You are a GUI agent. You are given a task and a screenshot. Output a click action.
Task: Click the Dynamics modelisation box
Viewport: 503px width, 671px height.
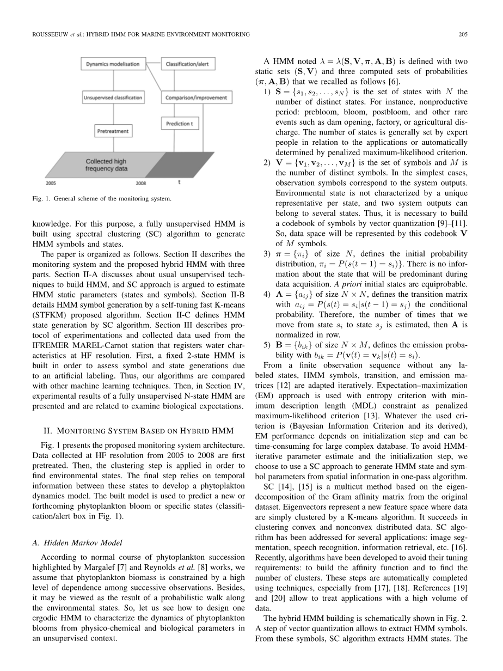tap(113, 64)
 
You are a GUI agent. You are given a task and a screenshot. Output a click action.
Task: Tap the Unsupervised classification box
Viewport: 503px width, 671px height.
tap(113, 98)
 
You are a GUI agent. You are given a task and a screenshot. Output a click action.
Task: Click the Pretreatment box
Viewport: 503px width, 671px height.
tap(113, 131)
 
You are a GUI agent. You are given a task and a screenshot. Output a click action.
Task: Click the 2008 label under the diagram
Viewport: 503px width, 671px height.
tap(141, 184)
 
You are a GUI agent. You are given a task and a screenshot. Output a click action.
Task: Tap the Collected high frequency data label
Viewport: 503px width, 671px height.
tap(107, 165)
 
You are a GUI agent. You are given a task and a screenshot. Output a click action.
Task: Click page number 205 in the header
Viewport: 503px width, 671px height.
tap(463, 34)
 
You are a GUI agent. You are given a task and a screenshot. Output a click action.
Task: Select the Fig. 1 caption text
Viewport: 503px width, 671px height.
tap(101, 198)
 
